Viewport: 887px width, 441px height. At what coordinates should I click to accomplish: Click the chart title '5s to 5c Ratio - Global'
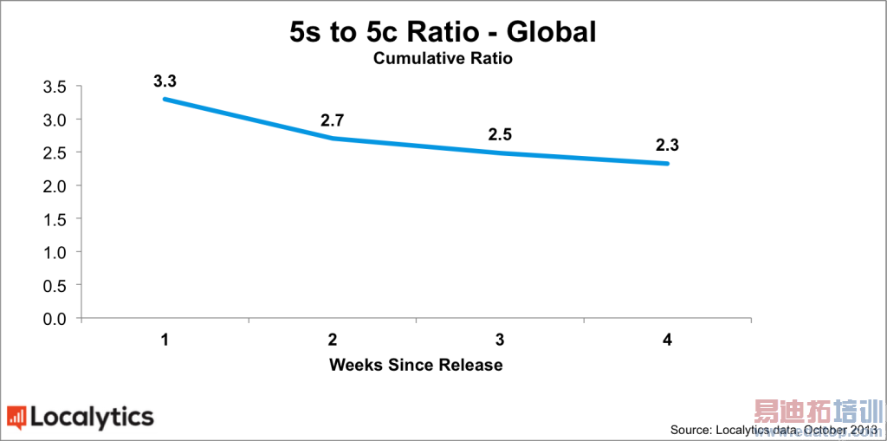[x=443, y=32]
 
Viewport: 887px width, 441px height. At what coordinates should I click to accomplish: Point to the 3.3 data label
[x=165, y=81]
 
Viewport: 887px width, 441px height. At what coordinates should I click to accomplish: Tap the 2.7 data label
[x=333, y=120]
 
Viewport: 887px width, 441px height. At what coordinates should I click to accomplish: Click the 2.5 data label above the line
[x=500, y=134]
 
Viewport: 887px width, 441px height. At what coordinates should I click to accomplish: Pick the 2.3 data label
[x=667, y=145]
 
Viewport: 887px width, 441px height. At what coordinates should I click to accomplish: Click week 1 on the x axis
[x=165, y=340]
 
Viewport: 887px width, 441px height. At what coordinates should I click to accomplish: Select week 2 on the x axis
[x=333, y=340]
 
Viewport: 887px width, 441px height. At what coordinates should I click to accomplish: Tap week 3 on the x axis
[x=500, y=340]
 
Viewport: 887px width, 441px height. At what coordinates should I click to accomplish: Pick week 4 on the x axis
[x=667, y=340]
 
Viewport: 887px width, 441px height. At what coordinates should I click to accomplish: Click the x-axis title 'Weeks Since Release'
[x=416, y=365]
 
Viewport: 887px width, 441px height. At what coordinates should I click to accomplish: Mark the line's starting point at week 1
[x=165, y=100]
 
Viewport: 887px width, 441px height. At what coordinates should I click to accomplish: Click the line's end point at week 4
[x=667, y=163]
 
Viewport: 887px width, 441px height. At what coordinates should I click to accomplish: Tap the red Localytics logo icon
[x=16, y=418]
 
